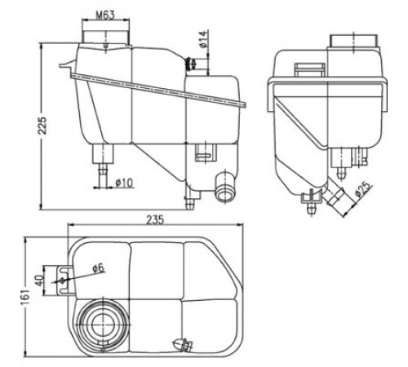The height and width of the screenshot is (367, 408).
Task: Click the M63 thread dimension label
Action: coord(105,15)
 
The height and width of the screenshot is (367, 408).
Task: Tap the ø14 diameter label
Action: coord(204,39)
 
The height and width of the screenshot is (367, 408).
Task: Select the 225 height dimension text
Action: coord(42,126)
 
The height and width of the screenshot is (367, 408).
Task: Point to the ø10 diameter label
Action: coord(124,182)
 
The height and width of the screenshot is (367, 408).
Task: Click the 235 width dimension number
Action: coord(155,220)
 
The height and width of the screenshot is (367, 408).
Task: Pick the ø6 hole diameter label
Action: coord(98,268)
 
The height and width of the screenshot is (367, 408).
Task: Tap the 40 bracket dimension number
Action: coord(40,281)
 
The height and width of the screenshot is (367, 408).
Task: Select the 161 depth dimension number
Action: coord(26,297)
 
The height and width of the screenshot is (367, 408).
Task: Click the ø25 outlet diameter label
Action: coord(363,189)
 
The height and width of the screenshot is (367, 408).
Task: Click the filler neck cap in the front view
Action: coord(106,38)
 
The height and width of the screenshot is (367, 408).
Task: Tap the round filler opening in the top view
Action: coord(102,325)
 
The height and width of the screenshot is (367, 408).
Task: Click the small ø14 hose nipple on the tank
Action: coord(191,64)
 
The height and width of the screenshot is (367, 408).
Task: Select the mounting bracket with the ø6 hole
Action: coord(65,280)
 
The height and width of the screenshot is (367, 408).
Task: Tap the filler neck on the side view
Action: coord(353,41)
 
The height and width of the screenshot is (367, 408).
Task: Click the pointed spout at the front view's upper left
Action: coord(67,64)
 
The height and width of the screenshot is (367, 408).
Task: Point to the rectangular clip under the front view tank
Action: coord(206,153)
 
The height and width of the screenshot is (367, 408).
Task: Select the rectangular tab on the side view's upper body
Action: coord(310,69)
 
